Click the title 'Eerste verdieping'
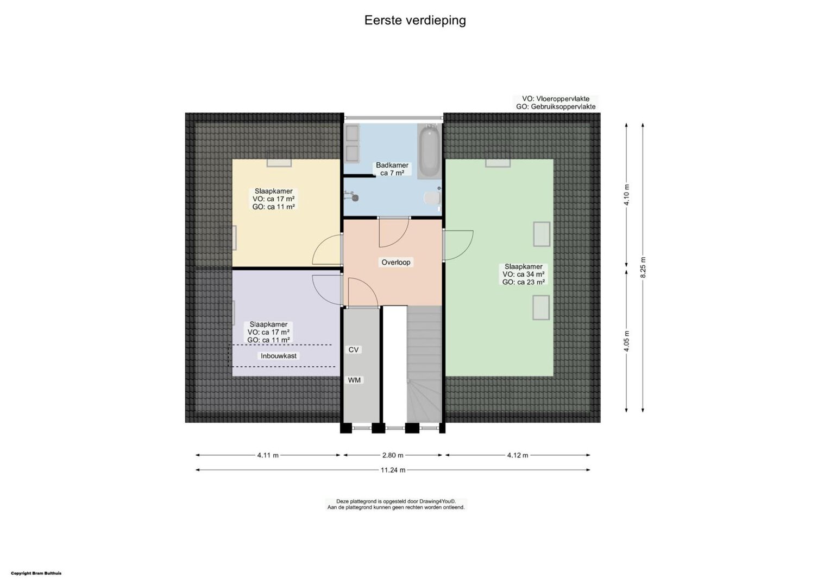415,21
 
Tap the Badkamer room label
392,165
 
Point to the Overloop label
396,263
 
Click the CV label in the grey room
354,350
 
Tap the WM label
354,380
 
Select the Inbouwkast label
279,356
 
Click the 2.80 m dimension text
393,455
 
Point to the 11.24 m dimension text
393,470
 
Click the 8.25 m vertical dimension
643,267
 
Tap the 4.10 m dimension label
627,195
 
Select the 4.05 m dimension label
627,341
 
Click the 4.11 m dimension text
268,455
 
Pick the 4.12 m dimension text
518,455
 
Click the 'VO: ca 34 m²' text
524,275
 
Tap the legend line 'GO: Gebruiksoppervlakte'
556,106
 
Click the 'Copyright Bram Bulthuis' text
36,574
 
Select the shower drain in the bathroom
355,199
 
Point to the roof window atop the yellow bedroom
279,163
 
